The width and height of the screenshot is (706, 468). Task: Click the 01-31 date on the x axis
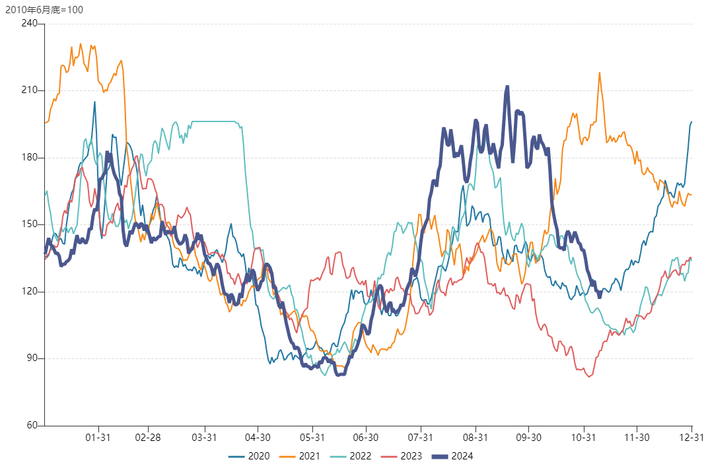pyautogui.click(x=98, y=437)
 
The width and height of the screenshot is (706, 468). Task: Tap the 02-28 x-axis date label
pyautogui.click(x=148, y=437)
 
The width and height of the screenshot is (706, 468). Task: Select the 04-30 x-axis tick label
pyautogui.click(x=257, y=437)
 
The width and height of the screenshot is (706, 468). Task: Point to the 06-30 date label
pyautogui.click(x=366, y=437)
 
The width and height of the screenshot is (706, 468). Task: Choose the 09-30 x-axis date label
pyautogui.click(x=529, y=437)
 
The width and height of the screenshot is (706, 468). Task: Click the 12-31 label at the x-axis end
pyautogui.click(x=691, y=437)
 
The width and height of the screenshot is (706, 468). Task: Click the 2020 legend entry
pyautogui.click(x=249, y=456)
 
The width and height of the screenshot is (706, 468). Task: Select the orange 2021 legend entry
pyautogui.click(x=300, y=456)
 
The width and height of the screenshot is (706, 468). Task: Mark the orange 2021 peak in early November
pyautogui.click(x=600, y=73)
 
